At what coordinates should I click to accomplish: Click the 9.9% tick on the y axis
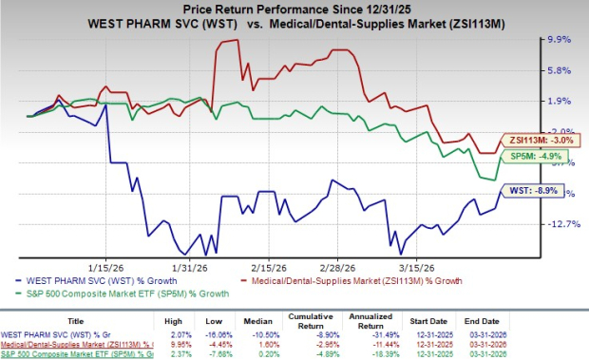[x=560, y=40]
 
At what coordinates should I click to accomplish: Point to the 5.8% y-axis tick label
[x=560, y=70]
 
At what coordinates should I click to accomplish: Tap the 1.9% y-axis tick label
[x=560, y=101]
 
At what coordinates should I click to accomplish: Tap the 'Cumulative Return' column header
[x=323, y=321]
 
